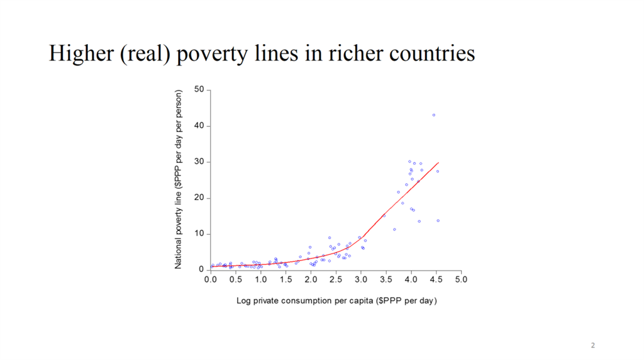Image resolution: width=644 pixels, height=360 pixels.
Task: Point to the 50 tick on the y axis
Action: click(200, 89)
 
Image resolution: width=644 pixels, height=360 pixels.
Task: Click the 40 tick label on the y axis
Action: click(200, 126)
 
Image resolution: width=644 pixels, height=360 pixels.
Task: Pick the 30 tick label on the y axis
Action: click(200, 162)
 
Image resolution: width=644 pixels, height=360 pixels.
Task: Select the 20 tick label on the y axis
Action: click(200, 198)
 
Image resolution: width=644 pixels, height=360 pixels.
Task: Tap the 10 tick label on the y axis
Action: click(200, 234)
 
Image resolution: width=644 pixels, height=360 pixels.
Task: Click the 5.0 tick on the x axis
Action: click(461, 279)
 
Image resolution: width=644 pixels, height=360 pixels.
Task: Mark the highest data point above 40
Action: click(434, 115)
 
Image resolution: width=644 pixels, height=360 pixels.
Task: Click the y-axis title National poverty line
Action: click(179, 179)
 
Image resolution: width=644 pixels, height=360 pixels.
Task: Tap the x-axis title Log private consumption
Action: click(336, 301)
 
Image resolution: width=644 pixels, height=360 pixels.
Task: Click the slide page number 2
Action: click(592, 346)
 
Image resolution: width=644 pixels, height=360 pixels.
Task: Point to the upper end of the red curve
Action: click(438, 162)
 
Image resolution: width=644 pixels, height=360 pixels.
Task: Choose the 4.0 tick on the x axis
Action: click(411, 279)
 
